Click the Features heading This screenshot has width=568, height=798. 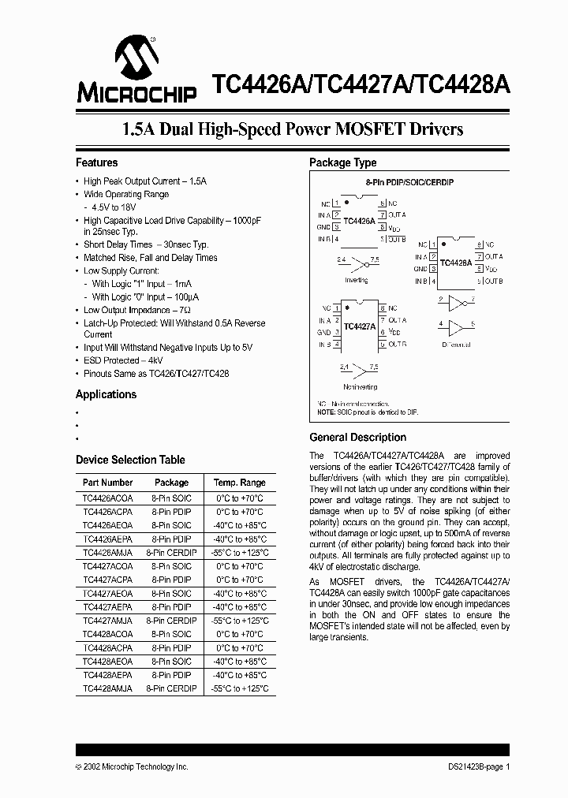pyautogui.click(x=96, y=162)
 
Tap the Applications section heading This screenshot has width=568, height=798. pyautogui.click(x=106, y=394)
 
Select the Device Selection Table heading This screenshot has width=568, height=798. pyautogui.click(x=130, y=460)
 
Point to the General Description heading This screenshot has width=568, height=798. pyautogui.click(x=357, y=437)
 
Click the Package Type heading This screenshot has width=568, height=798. pyautogui.click(x=342, y=162)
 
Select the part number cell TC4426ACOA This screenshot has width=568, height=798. pyautogui.click(x=108, y=499)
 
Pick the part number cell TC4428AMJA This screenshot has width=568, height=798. pyautogui.click(x=108, y=688)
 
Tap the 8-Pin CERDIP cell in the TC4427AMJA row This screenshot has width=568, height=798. pyautogui.click(x=171, y=621)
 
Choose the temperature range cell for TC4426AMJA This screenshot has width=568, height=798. pyautogui.click(x=240, y=553)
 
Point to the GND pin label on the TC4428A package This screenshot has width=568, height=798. pyautogui.click(x=420, y=269)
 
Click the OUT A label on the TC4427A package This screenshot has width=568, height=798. pyautogui.click(x=397, y=320)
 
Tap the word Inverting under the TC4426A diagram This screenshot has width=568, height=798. pyautogui.click(x=357, y=280)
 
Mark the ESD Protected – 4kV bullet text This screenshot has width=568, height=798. pyautogui.click(x=121, y=360)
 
